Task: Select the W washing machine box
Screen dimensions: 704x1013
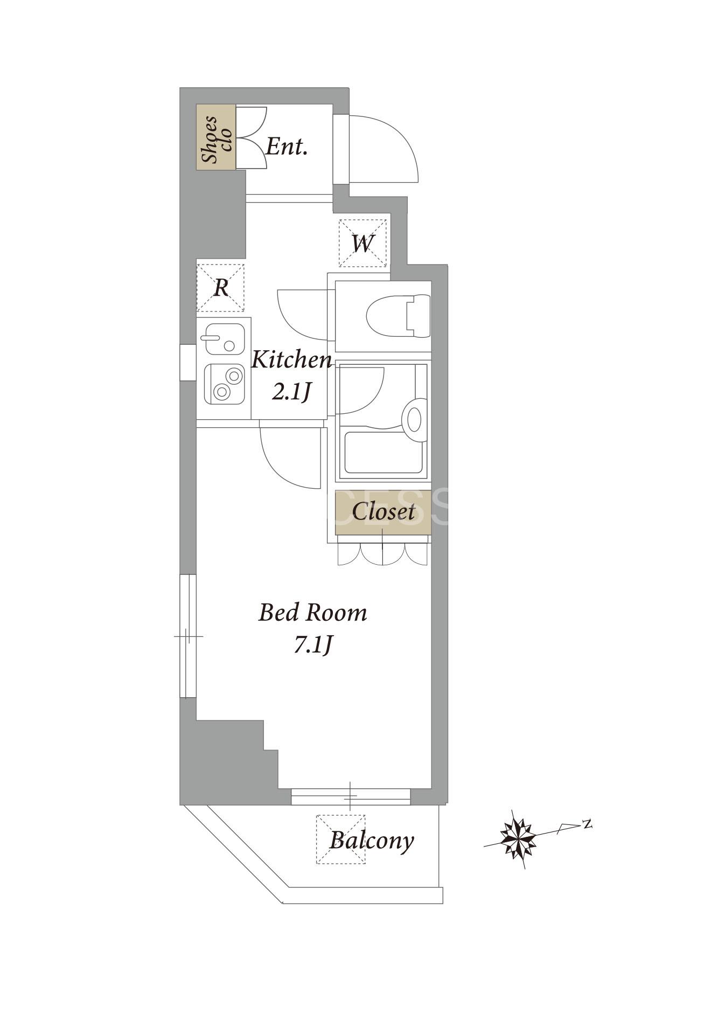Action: (363, 243)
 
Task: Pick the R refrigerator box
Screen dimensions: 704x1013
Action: (220, 288)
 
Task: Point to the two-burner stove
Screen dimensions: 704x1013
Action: (225, 384)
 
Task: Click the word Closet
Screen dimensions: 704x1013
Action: (384, 512)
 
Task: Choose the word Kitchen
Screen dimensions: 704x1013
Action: (292, 359)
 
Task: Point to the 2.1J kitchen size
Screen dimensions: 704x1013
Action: (291, 392)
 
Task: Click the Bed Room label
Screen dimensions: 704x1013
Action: (313, 613)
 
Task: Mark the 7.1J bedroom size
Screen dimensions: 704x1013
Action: (313, 644)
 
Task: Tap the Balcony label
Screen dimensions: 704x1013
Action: (372, 840)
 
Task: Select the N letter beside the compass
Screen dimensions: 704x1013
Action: (587, 823)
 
